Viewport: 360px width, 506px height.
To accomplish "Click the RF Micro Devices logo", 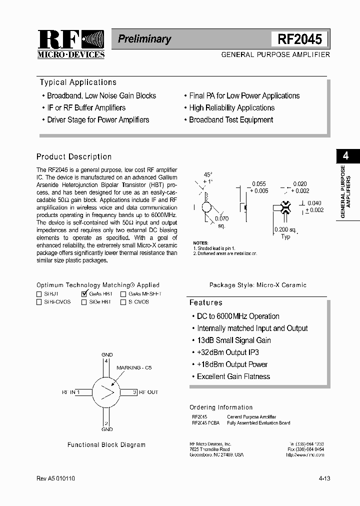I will click(x=70, y=44).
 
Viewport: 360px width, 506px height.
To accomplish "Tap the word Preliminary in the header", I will click(x=144, y=39).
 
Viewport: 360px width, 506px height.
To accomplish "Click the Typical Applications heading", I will click(x=78, y=82).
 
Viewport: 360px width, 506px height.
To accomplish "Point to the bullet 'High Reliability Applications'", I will click(x=231, y=107).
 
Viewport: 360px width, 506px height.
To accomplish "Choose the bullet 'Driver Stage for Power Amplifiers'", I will click(x=98, y=119).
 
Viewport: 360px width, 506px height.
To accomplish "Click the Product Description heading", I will click(x=74, y=156).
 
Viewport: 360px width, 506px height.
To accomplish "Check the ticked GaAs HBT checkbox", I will click(x=84, y=294).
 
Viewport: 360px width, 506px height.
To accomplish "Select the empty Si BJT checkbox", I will click(x=39, y=294).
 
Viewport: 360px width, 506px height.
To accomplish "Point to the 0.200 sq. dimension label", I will click(x=285, y=229).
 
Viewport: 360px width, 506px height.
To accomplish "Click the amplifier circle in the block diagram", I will click(x=106, y=392).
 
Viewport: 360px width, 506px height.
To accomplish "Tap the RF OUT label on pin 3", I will click(x=148, y=392).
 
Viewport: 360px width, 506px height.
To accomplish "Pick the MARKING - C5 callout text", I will click(x=133, y=367).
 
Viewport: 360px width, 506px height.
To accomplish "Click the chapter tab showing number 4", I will click(x=345, y=155).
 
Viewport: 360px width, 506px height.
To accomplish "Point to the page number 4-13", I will click(x=324, y=478).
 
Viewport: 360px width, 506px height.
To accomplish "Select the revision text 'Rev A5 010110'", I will click(x=55, y=478).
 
